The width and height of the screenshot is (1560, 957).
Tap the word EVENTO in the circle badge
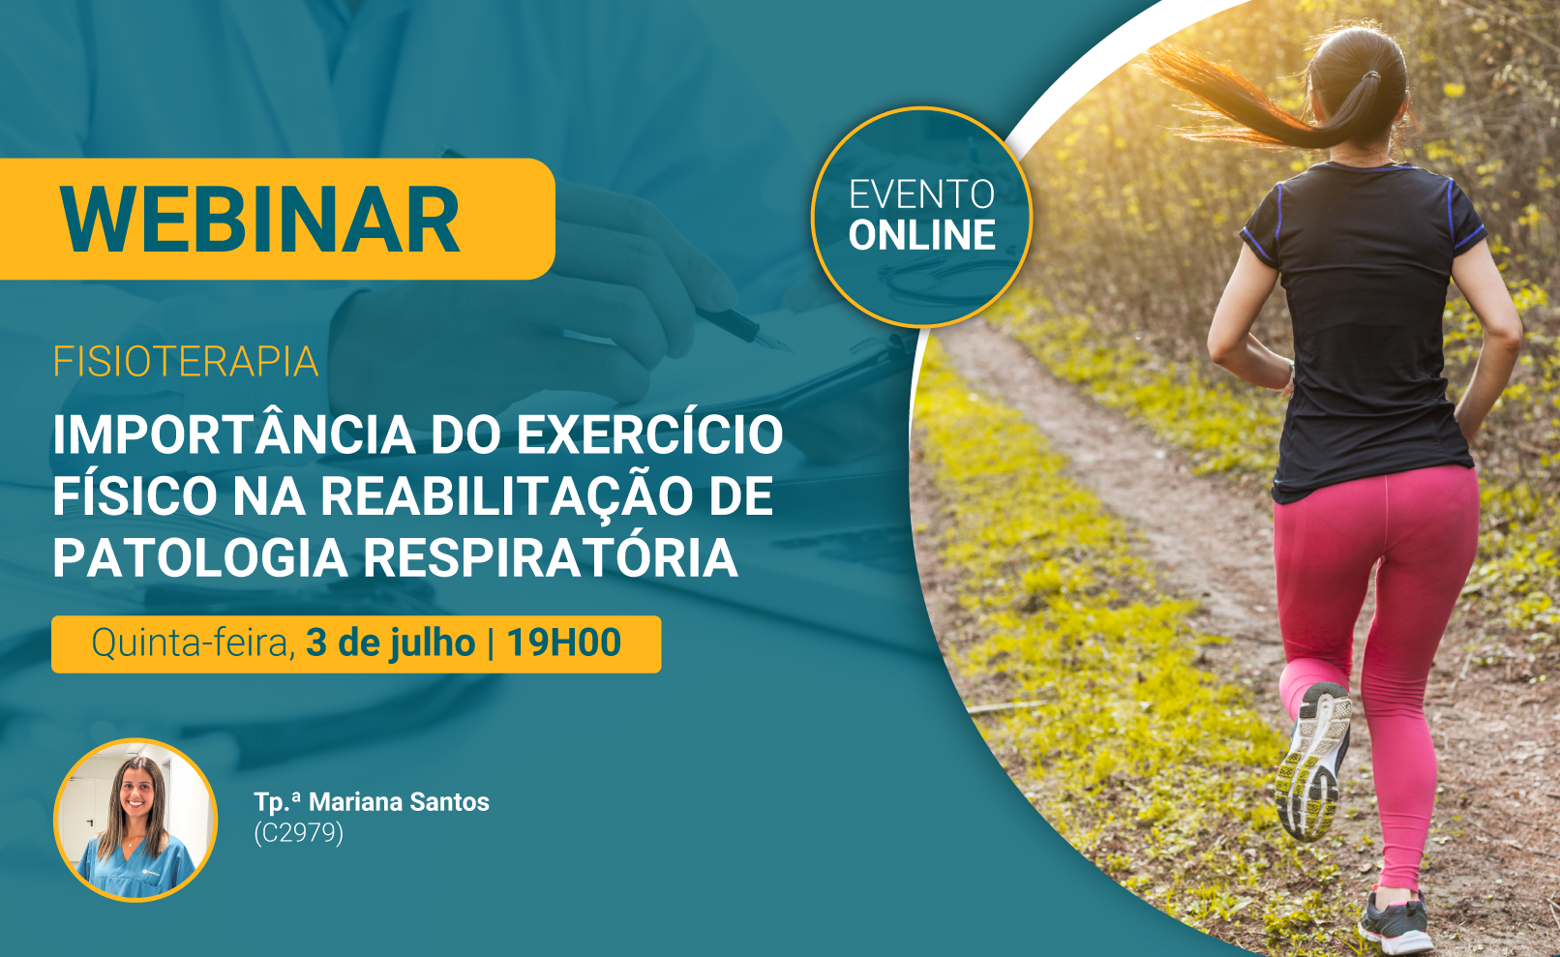(921, 194)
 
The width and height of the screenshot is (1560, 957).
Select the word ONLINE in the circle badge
(921, 235)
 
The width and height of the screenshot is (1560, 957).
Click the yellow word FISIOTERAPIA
(186, 362)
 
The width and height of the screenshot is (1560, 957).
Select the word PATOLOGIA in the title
(200, 558)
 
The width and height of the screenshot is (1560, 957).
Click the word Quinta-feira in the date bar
(193, 643)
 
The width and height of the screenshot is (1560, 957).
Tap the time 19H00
(563, 643)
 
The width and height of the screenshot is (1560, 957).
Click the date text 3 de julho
(390, 643)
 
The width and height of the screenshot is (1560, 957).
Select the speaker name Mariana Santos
(399, 801)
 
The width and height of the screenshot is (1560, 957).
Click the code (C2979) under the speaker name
(299, 833)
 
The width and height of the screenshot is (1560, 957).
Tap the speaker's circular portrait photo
(135, 820)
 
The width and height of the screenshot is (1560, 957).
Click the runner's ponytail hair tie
(1371, 75)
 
